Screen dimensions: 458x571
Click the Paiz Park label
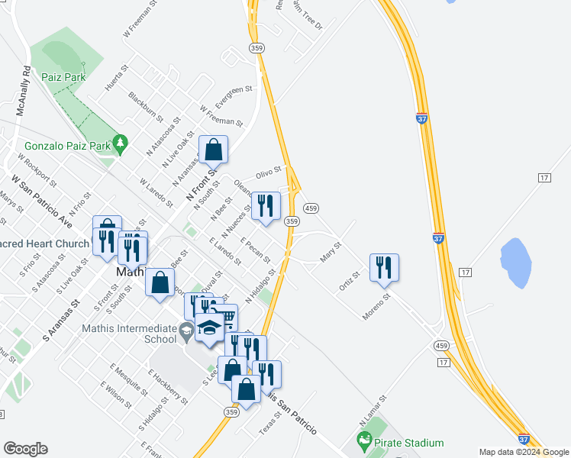[x=65, y=77]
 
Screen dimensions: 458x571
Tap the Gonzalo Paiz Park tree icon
[x=119, y=143]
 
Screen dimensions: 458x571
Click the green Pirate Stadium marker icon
[x=365, y=442]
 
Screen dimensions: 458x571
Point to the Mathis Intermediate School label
[x=128, y=334]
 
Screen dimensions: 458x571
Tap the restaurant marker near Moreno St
[x=383, y=268]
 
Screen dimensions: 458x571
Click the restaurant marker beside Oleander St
[x=266, y=205]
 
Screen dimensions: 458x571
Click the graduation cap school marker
[x=208, y=327]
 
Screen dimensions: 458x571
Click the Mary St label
[x=331, y=253]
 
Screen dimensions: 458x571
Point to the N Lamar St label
[x=373, y=411]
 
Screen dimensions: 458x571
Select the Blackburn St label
[x=146, y=107]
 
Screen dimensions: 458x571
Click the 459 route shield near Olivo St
[x=311, y=208]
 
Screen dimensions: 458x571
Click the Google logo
[x=25, y=449]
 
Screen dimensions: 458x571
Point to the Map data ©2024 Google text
[x=524, y=452]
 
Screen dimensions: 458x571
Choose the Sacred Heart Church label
[x=46, y=244]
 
